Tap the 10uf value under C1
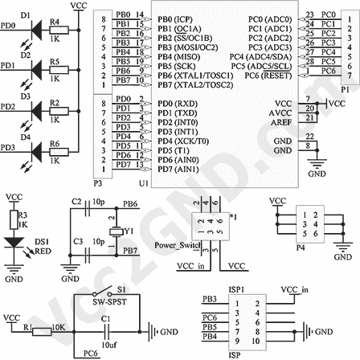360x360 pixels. tap(107, 344)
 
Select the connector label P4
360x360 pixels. tap(301, 248)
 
